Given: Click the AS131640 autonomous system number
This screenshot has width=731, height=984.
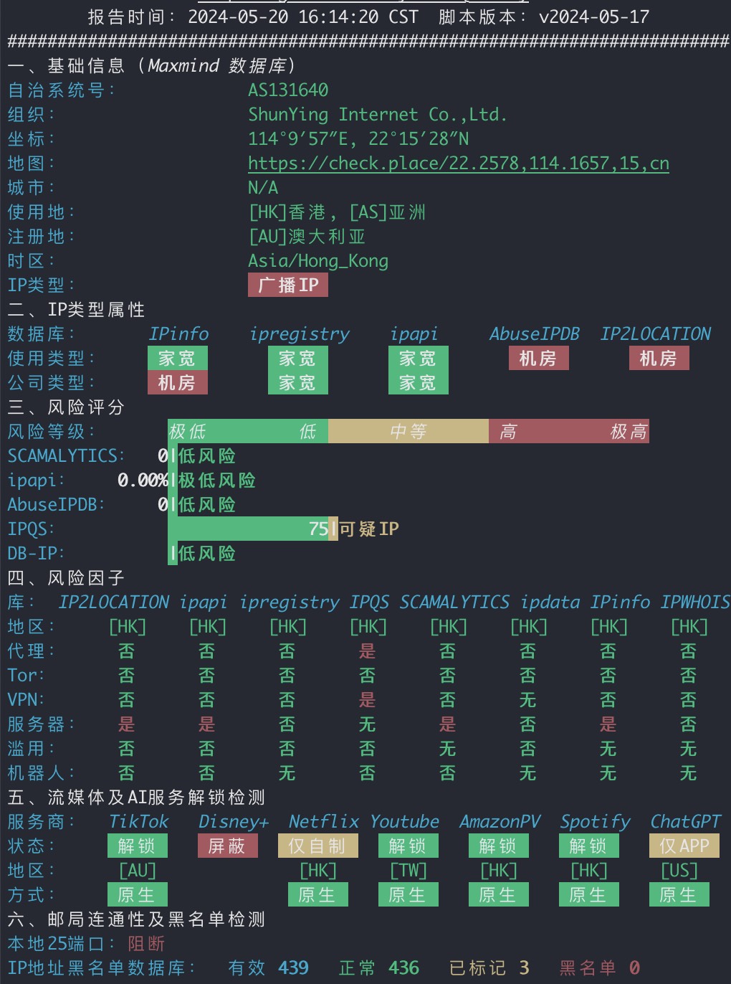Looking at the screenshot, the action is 288,90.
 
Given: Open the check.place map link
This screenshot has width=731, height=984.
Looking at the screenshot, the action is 459,164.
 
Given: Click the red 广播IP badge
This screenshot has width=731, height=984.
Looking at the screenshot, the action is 287,285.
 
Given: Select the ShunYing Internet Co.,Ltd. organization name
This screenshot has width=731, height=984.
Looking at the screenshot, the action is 377,115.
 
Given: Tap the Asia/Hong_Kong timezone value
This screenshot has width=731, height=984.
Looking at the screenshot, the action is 318,261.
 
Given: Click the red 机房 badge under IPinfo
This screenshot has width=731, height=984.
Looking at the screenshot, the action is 177,382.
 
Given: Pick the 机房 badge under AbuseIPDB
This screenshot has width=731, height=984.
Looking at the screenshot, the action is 539,358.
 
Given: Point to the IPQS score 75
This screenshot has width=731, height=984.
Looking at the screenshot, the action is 318,529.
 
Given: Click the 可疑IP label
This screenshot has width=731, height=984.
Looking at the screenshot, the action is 369,529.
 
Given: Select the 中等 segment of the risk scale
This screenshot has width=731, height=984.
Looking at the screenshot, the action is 408,431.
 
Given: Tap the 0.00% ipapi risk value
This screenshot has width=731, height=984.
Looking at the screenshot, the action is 143,480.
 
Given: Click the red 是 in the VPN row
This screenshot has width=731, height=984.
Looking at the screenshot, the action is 368,699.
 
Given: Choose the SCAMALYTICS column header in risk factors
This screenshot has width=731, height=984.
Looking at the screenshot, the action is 454,602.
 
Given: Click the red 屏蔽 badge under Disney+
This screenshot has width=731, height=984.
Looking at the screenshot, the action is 227,846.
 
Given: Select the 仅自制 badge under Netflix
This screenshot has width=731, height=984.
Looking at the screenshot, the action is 318,846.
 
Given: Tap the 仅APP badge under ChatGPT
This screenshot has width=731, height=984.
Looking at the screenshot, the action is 684,846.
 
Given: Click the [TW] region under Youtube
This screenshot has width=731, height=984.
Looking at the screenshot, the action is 408,871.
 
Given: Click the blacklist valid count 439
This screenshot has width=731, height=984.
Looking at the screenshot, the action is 293,968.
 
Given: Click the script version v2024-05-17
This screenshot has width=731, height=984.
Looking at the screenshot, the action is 594,17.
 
